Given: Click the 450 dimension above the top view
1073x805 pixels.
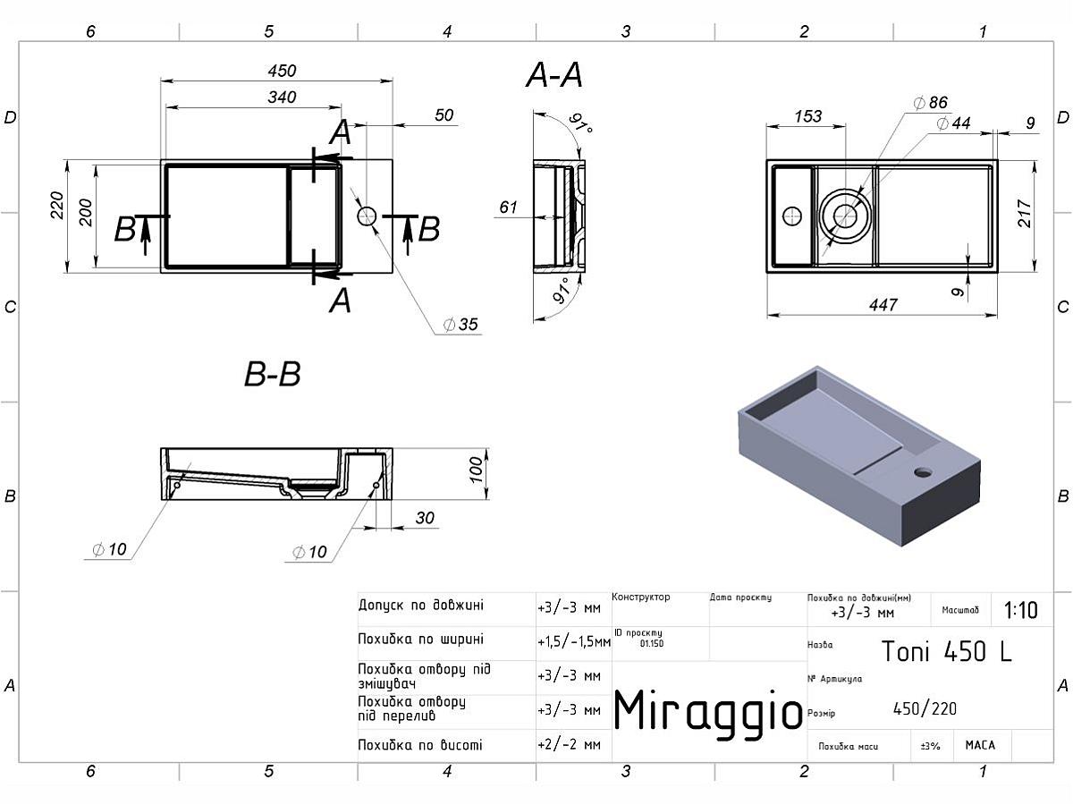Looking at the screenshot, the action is tap(282, 72).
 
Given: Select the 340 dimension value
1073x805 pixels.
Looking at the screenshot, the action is tap(282, 97).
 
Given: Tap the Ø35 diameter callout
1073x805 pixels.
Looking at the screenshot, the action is tap(460, 324).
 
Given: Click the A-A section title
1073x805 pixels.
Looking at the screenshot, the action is tap(554, 75).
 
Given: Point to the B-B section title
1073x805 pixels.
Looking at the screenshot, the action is tap(273, 375).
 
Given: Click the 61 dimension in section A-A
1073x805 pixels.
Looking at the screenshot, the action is tap(508, 208).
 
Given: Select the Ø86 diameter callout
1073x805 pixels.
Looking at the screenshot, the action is tap(930, 103).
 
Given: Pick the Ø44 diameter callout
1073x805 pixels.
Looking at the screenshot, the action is tap(953, 123).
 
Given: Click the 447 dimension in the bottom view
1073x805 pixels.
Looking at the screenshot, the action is tap(883, 305).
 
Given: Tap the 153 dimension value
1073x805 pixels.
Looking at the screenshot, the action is tap(808, 116).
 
